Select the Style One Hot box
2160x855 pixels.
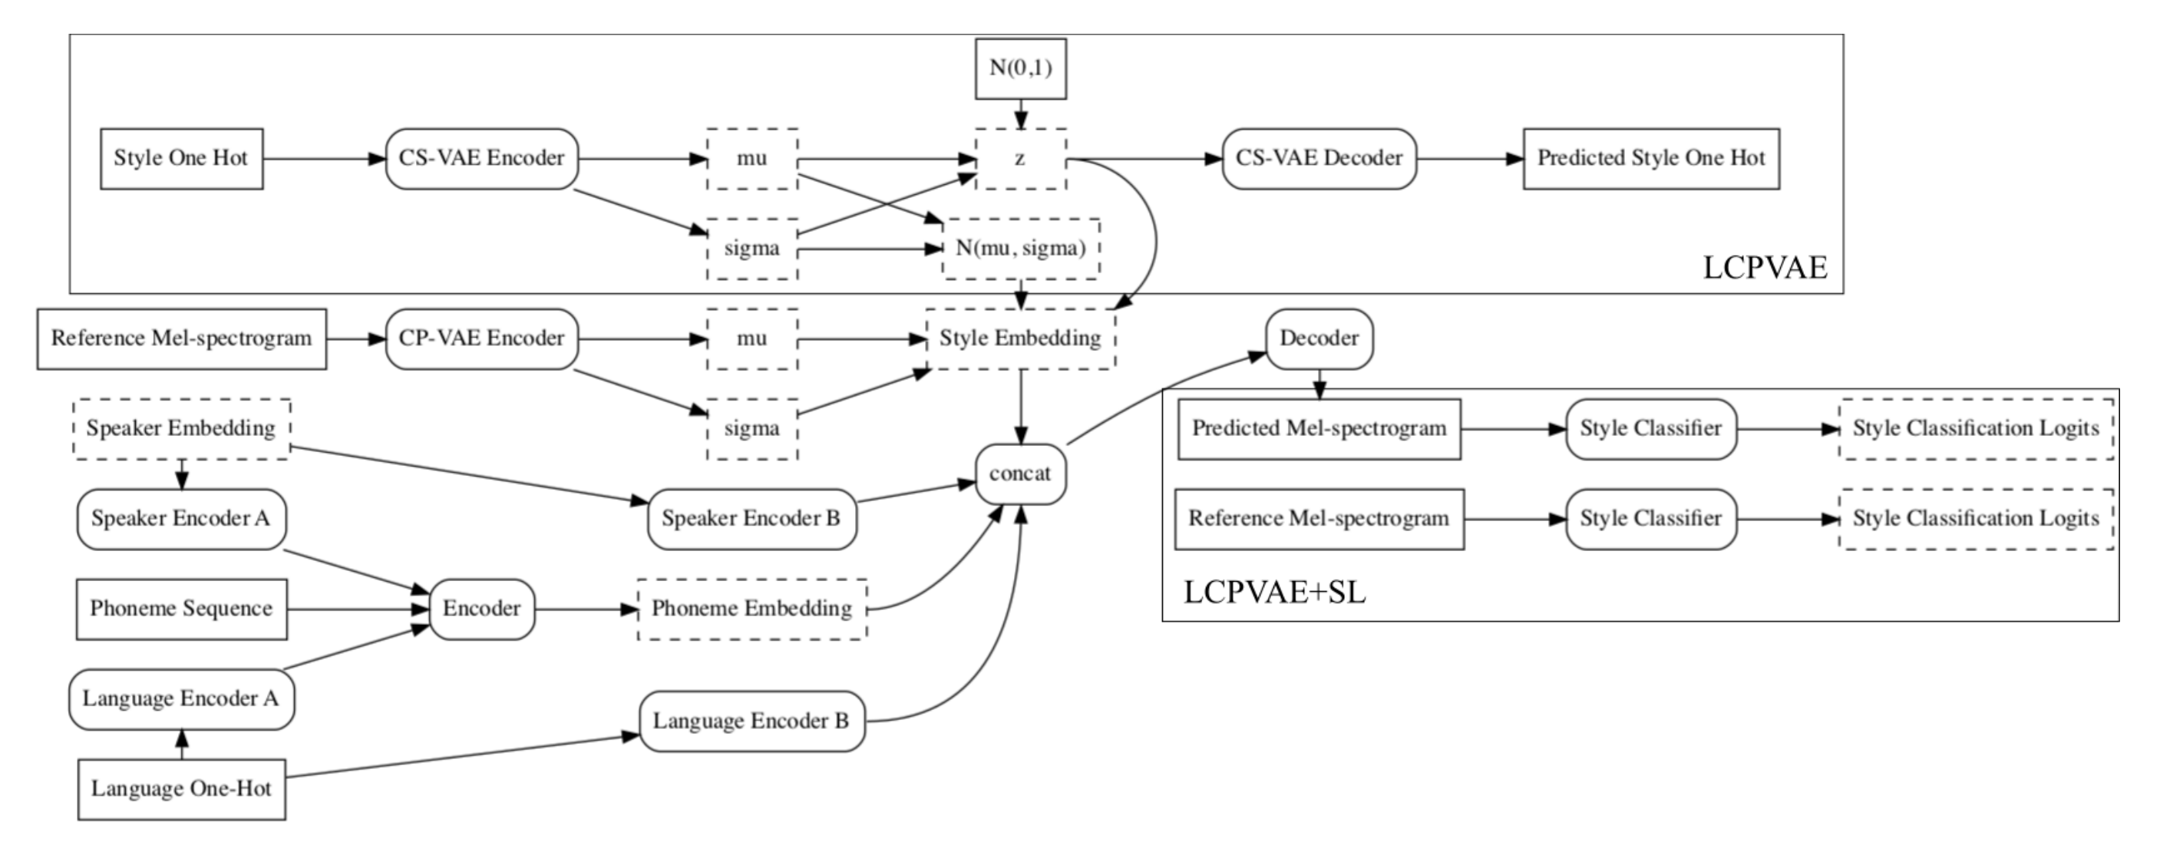[x=181, y=158]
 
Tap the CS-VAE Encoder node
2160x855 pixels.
[x=481, y=158]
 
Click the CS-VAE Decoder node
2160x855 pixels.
[x=1318, y=158]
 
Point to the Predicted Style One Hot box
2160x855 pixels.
[x=1650, y=158]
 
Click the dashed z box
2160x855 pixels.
[x=1020, y=158]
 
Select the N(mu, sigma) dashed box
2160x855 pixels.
[x=1020, y=249]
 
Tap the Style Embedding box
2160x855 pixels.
[x=1020, y=338]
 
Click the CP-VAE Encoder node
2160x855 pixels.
[x=481, y=338]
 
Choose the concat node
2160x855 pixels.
[x=1020, y=474]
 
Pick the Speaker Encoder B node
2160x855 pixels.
[x=751, y=519]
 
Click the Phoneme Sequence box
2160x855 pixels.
[x=181, y=609]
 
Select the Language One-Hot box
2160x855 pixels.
[x=181, y=790]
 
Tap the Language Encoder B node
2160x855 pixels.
[x=751, y=721]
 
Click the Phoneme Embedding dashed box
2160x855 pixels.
[x=751, y=609]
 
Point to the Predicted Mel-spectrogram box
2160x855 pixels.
[x=1319, y=429]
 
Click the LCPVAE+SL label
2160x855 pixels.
[x=1273, y=593]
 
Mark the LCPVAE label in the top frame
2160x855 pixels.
[x=1764, y=267]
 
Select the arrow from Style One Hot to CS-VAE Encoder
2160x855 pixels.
[x=324, y=158]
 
